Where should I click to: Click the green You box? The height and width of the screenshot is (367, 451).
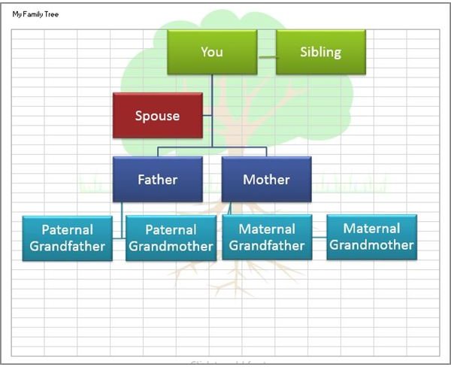tap(212, 52)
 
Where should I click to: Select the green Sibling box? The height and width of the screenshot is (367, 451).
tap(320, 52)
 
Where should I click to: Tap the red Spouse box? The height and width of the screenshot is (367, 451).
tap(157, 115)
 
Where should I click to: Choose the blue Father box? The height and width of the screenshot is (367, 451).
tap(157, 180)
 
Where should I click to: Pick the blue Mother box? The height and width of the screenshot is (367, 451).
tap(266, 180)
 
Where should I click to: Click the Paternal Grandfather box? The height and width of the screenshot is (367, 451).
tap(67, 238)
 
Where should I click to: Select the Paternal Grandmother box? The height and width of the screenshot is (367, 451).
tap(170, 238)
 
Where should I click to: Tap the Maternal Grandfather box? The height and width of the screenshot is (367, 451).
tap(266, 237)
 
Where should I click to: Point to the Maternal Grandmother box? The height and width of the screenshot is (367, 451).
tap(371, 236)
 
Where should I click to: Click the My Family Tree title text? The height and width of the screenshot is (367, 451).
tap(35, 14)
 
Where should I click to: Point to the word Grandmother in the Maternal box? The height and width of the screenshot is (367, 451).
tap(371, 244)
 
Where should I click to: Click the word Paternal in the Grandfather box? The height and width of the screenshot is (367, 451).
tap(67, 229)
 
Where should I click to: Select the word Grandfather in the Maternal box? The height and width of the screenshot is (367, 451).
tap(266, 245)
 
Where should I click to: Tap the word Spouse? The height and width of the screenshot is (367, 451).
tap(157, 115)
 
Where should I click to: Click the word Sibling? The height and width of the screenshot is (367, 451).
tap(320, 52)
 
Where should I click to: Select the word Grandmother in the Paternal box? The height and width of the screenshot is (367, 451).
tap(170, 246)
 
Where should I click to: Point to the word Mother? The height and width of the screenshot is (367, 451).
tap(266, 180)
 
